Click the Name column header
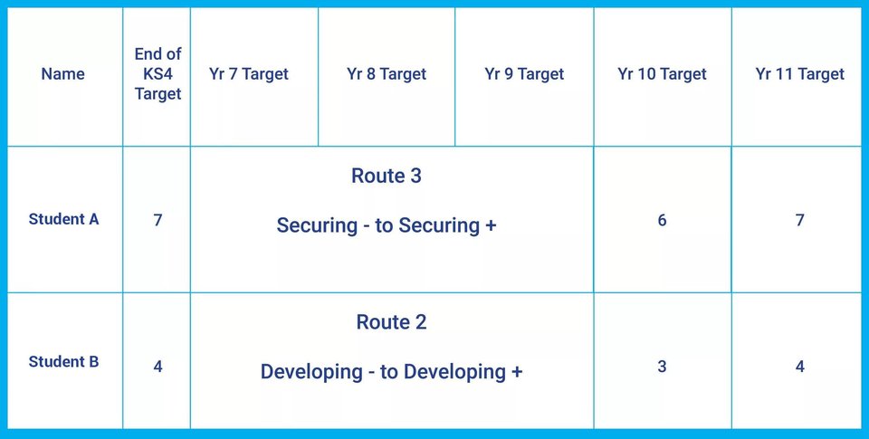[x=63, y=73]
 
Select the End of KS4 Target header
[x=158, y=73]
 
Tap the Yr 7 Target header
[x=249, y=73]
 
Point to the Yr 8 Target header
[x=387, y=73]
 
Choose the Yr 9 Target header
[x=524, y=73]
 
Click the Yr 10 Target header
[x=663, y=73]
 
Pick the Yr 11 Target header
[x=799, y=73]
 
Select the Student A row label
[x=63, y=219]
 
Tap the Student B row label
[x=63, y=362]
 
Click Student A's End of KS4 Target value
[x=158, y=220]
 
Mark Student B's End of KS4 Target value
[x=158, y=367]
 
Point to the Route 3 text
[x=387, y=176]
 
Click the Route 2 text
[x=391, y=322]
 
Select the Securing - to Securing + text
[x=387, y=225]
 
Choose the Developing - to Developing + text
[x=391, y=372]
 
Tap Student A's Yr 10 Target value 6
[x=662, y=220]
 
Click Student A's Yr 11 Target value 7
[x=799, y=220]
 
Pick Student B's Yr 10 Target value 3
[x=662, y=367]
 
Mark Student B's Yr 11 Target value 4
[x=799, y=367]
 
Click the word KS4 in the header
[x=158, y=73]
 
